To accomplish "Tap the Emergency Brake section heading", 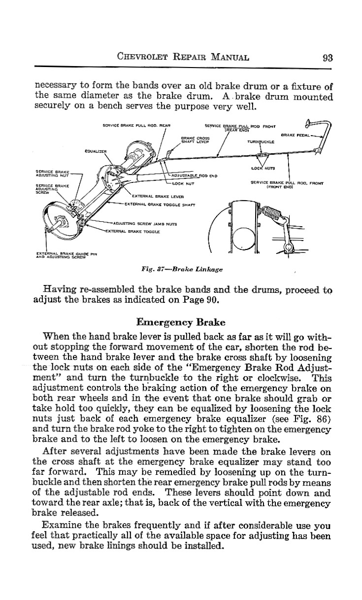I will [x=181, y=323].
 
